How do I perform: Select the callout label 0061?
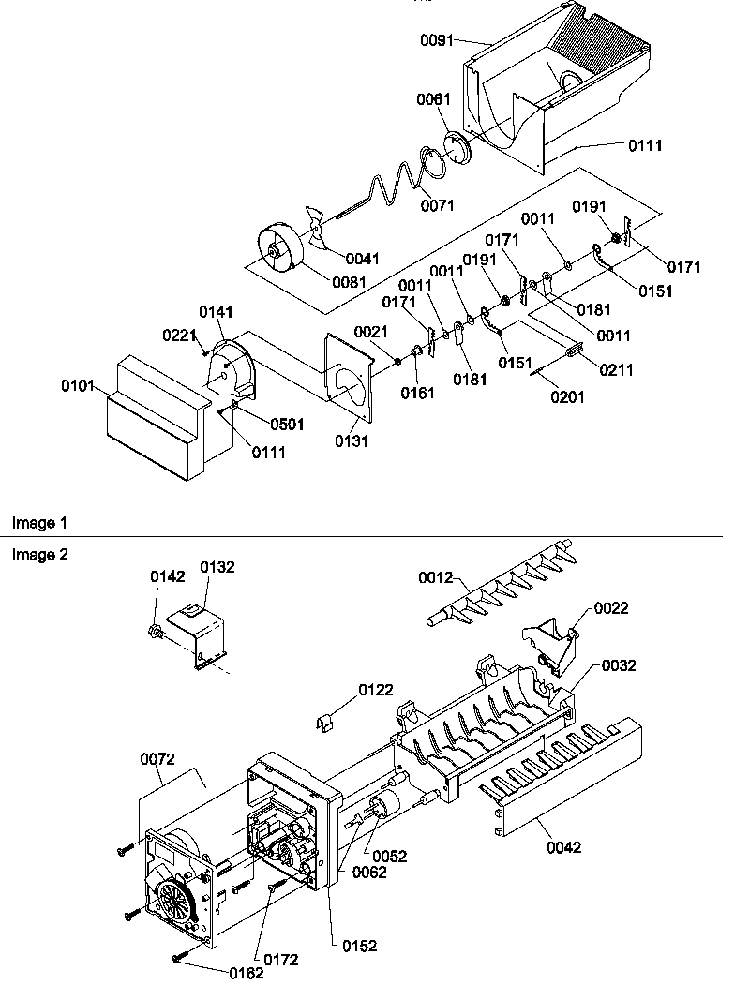[433, 99]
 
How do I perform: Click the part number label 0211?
[616, 370]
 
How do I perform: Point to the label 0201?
[567, 396]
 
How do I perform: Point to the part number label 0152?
[360, 946]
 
